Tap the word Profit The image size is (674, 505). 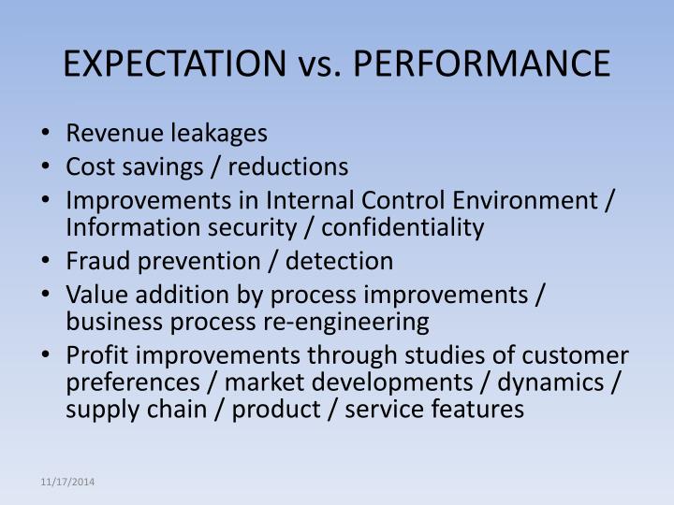tap(95, 356)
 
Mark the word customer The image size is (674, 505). tap(579, 356)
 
